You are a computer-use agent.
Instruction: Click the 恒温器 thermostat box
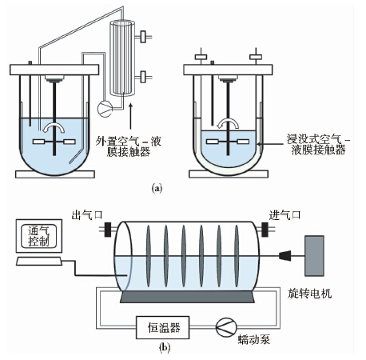[x=163, y=327]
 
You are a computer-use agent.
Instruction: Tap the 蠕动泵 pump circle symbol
[x=226, y=327]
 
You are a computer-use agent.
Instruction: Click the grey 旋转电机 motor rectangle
[x=314, y=256]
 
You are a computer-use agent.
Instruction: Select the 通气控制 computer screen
[x=39, y=236]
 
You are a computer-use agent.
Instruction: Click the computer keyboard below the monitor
[x=39, y=261]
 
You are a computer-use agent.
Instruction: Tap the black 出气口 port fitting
[x=108, y=230]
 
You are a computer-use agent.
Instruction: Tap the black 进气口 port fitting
[x=265, y=230]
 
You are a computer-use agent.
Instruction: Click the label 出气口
[x=87, y=214]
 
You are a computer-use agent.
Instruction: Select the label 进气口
[x=284, y=214]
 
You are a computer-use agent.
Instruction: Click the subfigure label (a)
[x=157, y=188]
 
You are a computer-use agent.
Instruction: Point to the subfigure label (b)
[x=165, y=347]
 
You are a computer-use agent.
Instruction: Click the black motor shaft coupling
[x=284, y=256]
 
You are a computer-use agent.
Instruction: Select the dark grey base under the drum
[x=187, y=297]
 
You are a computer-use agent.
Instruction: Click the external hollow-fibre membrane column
[x=122, y=58]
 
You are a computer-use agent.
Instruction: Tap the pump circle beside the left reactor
[x=105, y=109]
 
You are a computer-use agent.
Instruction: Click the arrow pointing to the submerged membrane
[x=270, y=144]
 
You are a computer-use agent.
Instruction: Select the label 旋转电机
[x=310, y=294]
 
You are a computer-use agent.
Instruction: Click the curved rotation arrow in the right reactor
[x=228, y=122]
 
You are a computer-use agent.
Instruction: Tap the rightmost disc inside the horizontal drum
[x=237, y=256]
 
